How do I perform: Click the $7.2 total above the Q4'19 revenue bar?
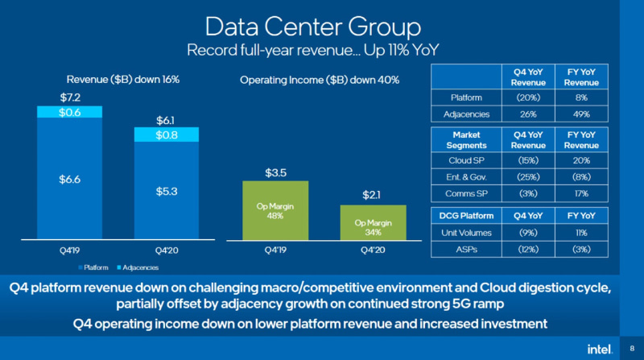70,97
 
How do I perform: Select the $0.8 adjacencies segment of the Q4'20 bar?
166,136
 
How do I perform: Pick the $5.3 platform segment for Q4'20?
166,191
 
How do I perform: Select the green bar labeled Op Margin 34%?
373,223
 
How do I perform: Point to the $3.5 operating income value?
275,172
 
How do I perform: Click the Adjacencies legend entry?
140,267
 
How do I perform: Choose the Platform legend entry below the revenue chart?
96,267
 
